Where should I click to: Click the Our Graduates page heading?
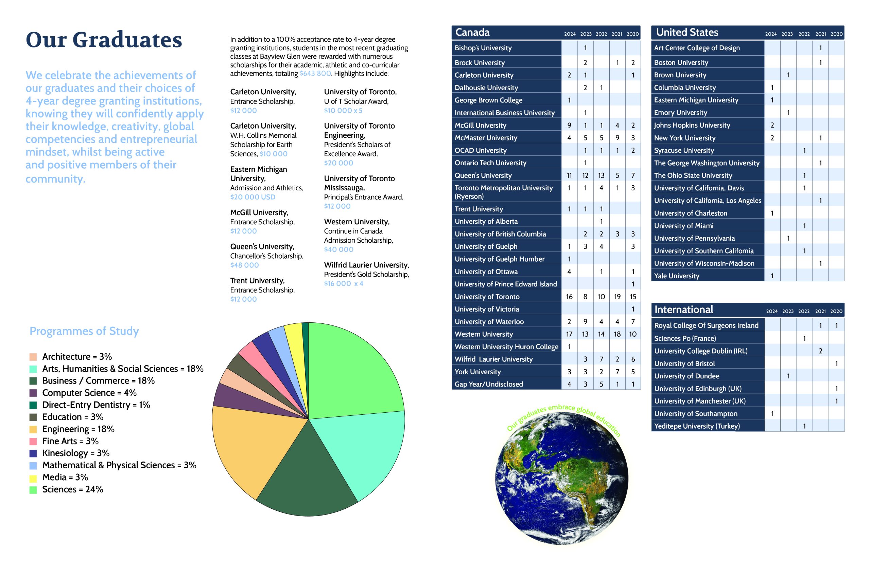(x=104, y=40)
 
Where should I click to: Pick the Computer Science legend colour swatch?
(x=33, y=393)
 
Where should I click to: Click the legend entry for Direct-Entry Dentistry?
(x=96, y=405)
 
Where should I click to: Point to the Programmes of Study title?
(x=84, y=331)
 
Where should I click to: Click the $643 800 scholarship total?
(x=315, y=73)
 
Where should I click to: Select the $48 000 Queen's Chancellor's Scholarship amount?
(x=244, y=265)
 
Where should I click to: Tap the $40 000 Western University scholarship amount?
(x=338, y=250)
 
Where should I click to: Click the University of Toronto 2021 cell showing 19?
(x=617, y=297)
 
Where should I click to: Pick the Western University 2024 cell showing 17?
(x=569, y=334)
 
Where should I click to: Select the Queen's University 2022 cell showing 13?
(x=601, y=175)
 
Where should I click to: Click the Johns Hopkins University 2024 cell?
(x=772, y=125)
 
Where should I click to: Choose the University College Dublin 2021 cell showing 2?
(x=820, y=351)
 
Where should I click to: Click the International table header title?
(x=683, y=310)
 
